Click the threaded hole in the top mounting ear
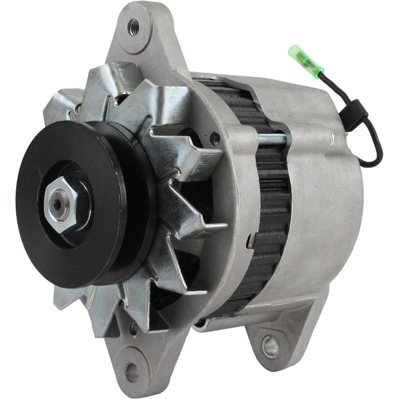click(x=134, y=26)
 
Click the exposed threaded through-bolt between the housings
click(x=271, y=139)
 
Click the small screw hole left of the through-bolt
click(x=214, y=137)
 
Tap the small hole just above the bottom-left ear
click(x=133, y=328)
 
